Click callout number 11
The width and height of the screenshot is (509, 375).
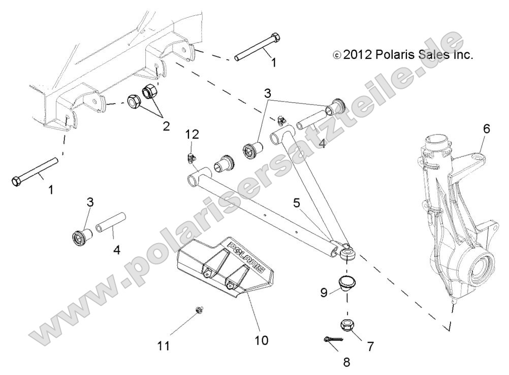[x=164, y=347]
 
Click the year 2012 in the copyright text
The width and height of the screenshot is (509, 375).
[x=358, y=54]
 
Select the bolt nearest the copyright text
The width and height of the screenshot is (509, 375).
[x=256, y=48]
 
